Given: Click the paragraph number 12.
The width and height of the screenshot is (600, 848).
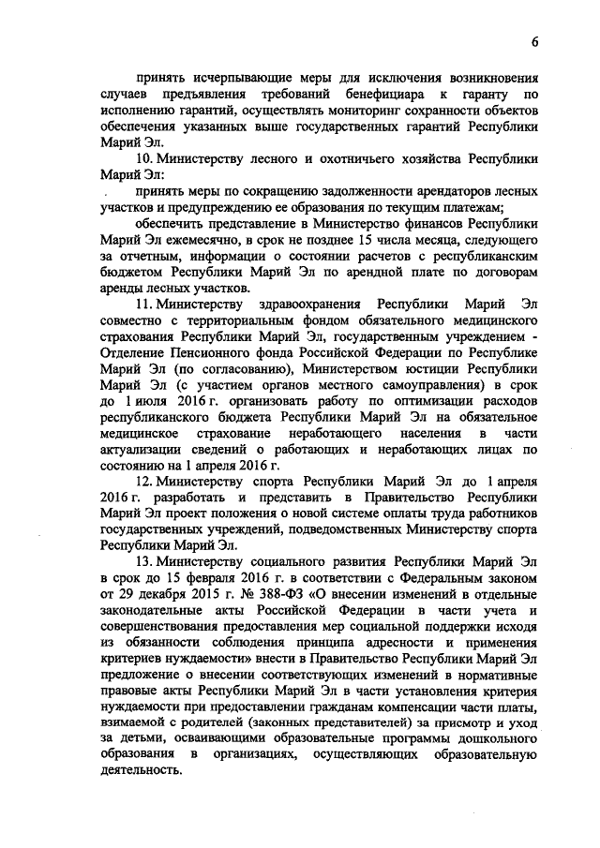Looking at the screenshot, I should coord(143,485).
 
